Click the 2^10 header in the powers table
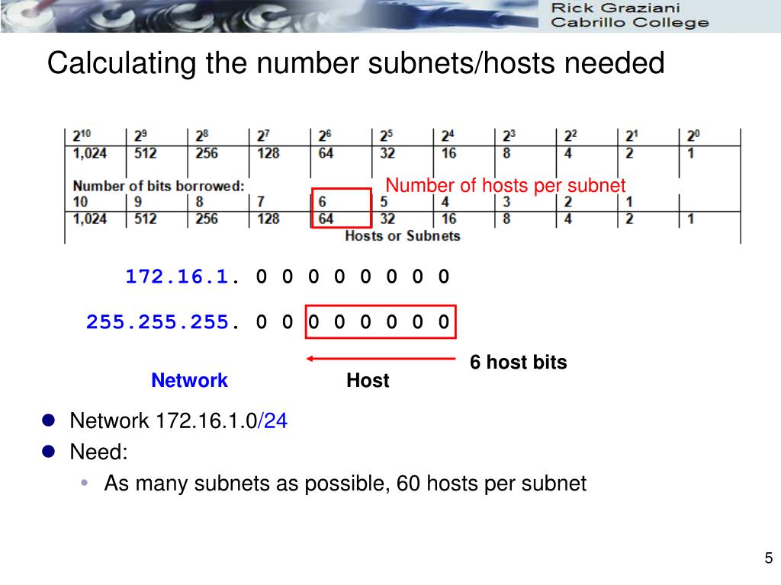click(x=82, y=136)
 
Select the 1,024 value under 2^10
click(x=90, y=153)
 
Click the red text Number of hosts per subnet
click(x=505, y=185)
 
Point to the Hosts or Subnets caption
click(x=403, y=236)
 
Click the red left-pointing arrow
click(x=381, y=358)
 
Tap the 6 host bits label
click(x=518, y=362)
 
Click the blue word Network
click(x=189, y=380)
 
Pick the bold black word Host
click(x=368, y=380)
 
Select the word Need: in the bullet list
click(x=98, y=452)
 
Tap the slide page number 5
click(x=769, y=558)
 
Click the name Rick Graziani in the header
click(x=615, y=8)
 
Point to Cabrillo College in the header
click(x=629, y=22)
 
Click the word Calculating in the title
click(x=121, y=63)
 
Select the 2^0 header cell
click(x=693, y=136)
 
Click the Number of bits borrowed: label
click(x=159, y=186)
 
